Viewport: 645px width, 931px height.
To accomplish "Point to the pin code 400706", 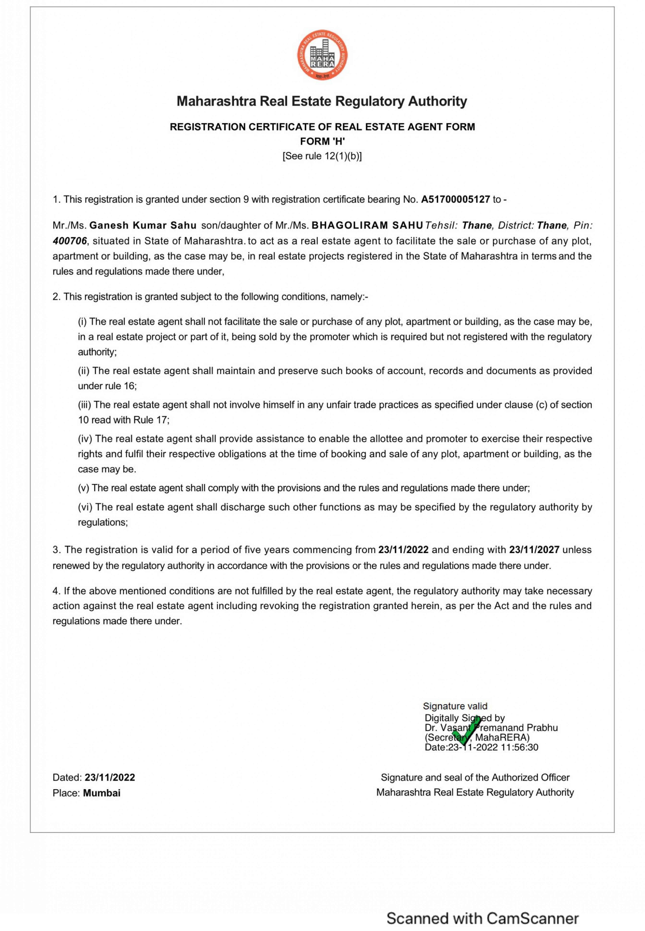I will click(x=69, y=241).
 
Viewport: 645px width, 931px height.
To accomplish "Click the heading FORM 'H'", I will click(x=322, y=142).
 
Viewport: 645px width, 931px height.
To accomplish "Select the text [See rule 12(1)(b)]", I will click(x=322, y=156).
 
